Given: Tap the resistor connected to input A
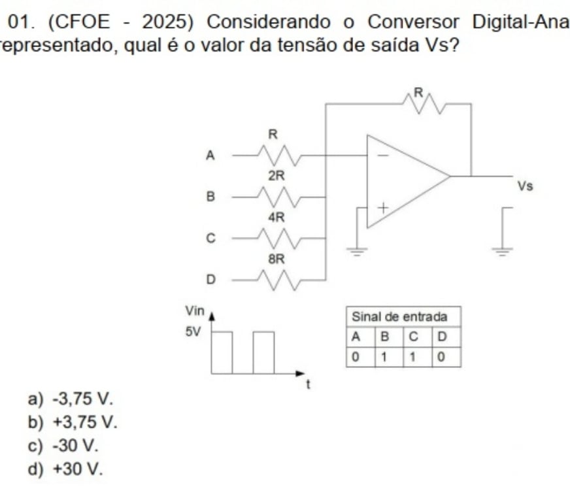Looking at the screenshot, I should [280, 156].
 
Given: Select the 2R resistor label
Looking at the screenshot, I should [276, 176].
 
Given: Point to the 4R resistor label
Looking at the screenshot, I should [276, 215].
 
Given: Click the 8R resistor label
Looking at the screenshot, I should [277, 259].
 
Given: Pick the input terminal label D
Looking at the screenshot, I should [210, 280].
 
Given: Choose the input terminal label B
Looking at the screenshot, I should [210, 195].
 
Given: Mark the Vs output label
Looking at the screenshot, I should [525, 186].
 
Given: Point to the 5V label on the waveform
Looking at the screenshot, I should [193, 331].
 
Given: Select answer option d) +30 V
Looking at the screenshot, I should [65, 469].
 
